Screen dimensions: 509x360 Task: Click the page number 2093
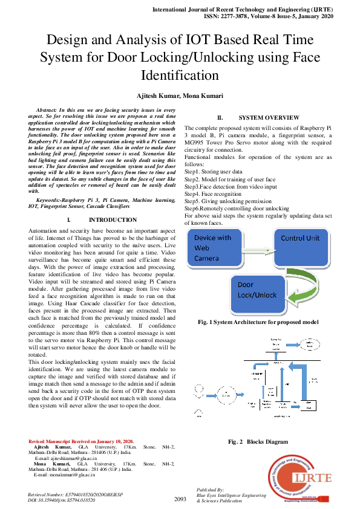point(180,499)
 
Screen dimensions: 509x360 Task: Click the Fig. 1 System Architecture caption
point(258,322)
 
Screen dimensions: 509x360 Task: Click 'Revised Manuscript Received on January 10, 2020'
point(81,442)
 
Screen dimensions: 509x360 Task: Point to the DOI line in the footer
point(62,501)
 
